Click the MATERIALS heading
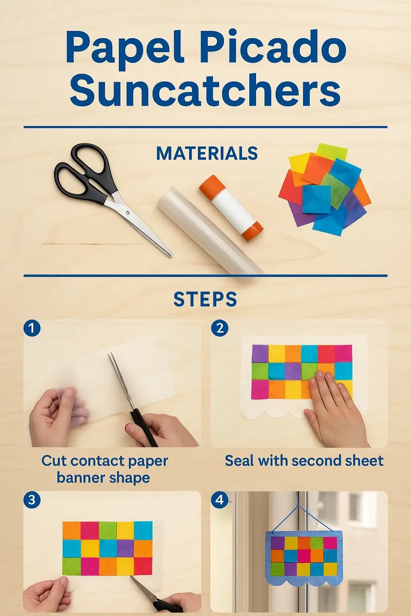[x=207, y=153]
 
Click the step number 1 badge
[x=32, y=328]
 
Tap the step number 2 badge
[x=220, y=328]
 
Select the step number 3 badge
[x=32, y=500]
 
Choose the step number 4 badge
[x=220, y=500]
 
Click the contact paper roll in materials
[x=211, y=231]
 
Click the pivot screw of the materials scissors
[x=128, y=213]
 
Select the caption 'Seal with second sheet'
[x=304, y=461]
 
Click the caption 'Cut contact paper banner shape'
[x=104, y=469]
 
